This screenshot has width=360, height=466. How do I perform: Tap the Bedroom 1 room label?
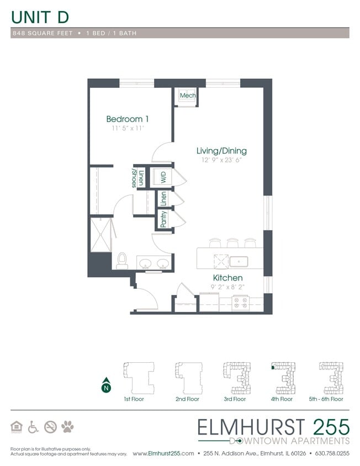click(x=127, y=119)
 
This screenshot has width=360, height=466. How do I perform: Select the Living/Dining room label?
click(x=222, y=151)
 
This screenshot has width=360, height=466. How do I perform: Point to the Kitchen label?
click(x=228, y=278)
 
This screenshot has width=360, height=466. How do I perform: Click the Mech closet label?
click(x=188, y=96)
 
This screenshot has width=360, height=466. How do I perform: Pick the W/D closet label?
click(x=163, y=177)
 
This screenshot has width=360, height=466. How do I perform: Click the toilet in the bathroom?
click(x=123, y=260)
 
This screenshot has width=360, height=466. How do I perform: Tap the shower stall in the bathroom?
click(x=102, y=234)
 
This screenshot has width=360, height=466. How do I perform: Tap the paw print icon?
click(x=68, y=426)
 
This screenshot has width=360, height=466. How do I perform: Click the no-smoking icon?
click(x=50, y=426)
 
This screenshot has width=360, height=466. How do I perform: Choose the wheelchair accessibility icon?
click(x=33, y=426)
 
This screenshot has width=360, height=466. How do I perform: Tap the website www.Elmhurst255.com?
click(x=163, y=453)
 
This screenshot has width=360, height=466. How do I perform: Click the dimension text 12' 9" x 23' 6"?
click(x=222, y=161)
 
